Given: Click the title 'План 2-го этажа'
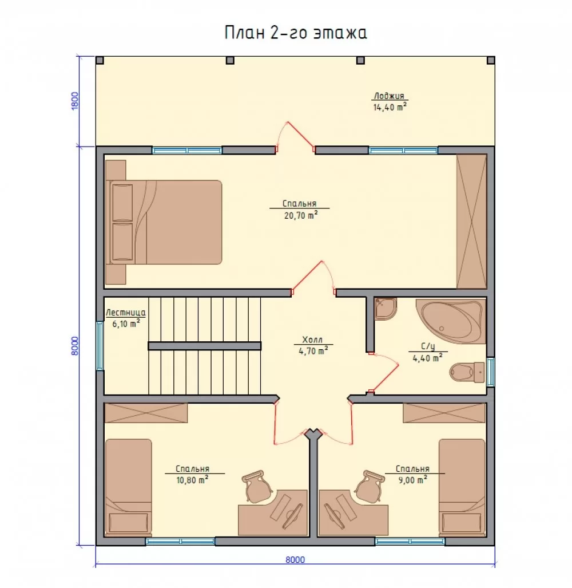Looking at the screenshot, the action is click(x=296, y=33).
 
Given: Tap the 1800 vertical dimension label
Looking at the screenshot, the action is click(x=76, y=101).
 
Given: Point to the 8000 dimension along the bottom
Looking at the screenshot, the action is click(x=295, y=559).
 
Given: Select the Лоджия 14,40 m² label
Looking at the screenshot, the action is click(x=390, y=101).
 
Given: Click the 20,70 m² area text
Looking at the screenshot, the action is click(x=301, y=215).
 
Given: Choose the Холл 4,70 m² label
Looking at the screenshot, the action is click(x=313, y=345).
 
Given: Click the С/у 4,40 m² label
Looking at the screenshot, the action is click(x=427, y=352).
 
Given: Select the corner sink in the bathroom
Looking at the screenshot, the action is click(x=386, y=309).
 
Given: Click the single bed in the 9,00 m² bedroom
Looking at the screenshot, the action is click(x=462, y=487).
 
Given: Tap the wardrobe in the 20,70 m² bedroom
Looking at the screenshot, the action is click(x=471, y=221).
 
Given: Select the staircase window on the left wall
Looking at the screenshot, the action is click(x=100, y=345).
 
